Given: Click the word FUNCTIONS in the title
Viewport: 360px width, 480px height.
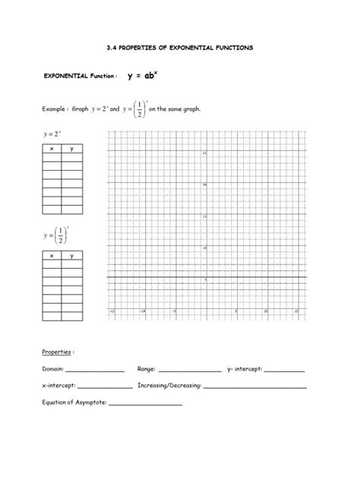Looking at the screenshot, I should point(233,47).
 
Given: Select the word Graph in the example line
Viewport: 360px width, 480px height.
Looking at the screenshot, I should point(80,109).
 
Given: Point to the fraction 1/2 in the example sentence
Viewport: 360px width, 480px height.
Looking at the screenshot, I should point(139,109).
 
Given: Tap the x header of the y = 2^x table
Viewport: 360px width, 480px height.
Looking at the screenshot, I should point(52,149).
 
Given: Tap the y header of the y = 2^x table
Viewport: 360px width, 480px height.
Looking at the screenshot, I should point(72,149).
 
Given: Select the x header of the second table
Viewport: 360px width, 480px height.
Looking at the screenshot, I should point(52,256).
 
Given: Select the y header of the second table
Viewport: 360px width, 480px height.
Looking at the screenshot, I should point(72,256).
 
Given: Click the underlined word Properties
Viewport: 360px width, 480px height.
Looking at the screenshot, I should point(57,352).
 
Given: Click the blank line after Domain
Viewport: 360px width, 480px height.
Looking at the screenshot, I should point(95,371).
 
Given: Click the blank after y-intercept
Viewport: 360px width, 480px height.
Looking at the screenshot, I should point(285,371).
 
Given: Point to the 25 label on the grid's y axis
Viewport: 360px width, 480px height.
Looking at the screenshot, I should point(204,153).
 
